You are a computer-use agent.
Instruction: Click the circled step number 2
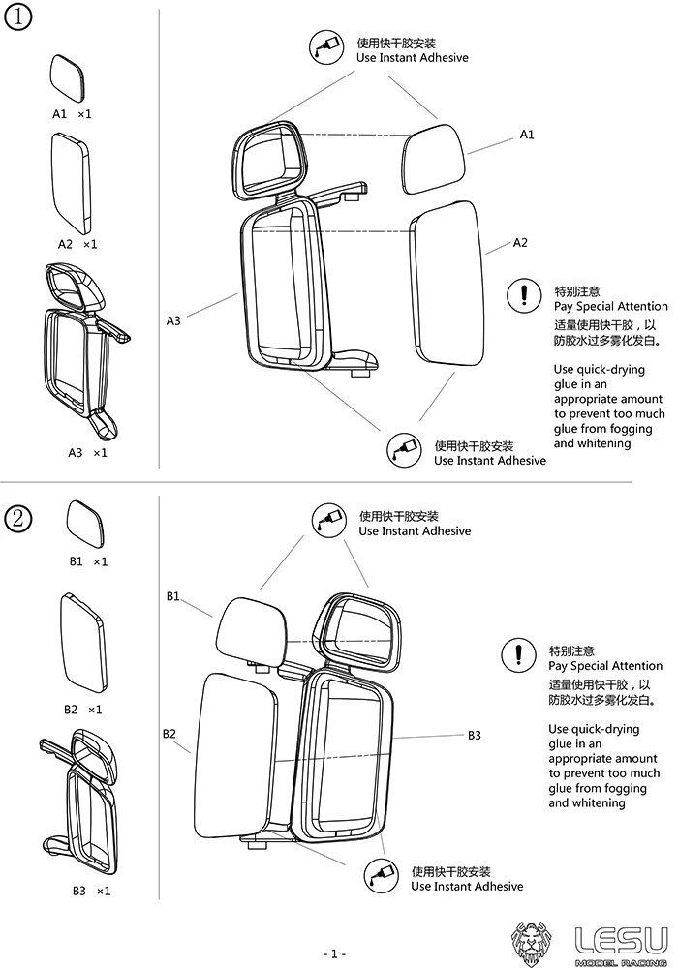click(x=20, y=518)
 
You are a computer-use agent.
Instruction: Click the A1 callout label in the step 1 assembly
click(x=527, y=135)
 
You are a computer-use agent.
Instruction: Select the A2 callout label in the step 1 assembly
click(x=520, y=242)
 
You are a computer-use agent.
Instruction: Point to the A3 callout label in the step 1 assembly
click(x=173, y=319)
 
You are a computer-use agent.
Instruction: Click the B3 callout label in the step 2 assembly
click(x=474, y=736)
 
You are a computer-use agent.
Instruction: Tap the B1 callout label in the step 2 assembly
click(x=173, y=596)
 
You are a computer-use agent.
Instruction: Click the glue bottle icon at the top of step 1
click(x=324, y=48)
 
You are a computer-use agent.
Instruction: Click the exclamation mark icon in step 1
click(x=524, y=295)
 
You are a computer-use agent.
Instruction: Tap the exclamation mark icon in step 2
click(x=519, y=655)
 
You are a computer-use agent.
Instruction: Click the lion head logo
click(x=535, y=941)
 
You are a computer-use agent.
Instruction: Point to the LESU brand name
click(x=621, y=938)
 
